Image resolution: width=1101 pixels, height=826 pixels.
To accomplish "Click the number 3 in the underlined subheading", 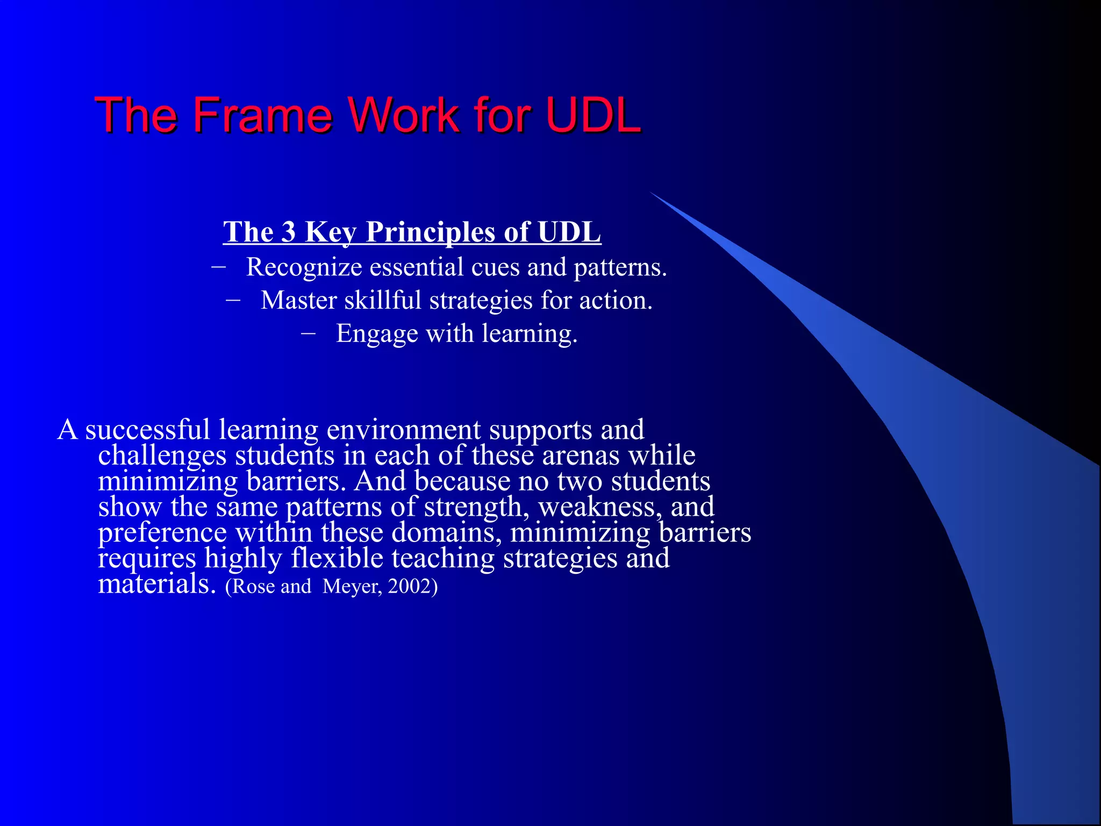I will coord(289,232).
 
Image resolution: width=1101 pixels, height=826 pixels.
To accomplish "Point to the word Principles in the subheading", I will coord(430,232).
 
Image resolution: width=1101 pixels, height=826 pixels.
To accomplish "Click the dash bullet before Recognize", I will coord(219,266).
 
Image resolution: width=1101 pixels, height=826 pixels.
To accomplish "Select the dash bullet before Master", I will coord(233,300).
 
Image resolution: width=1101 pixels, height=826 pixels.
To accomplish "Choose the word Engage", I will coord(377,334).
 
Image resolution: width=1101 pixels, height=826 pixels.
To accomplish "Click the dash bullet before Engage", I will coord(309,333).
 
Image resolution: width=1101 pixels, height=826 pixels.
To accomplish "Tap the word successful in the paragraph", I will coord(147,430).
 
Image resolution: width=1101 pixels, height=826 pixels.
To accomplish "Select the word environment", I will coord(404,430).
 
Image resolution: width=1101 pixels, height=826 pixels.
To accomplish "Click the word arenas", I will coord(581,456).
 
